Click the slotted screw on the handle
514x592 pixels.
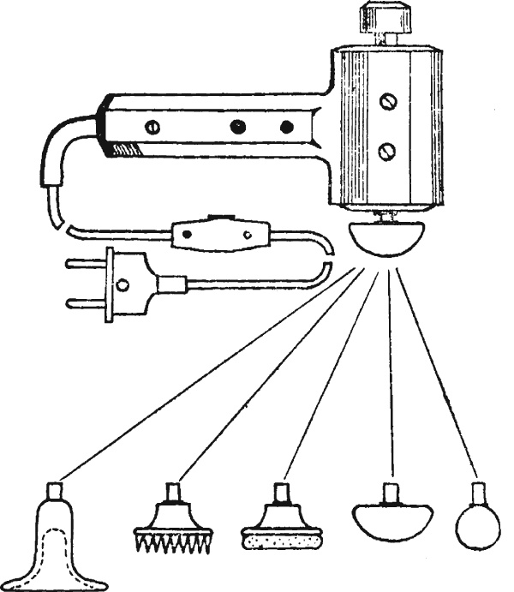[152, 126]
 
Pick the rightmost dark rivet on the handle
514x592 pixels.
[287, 127]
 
